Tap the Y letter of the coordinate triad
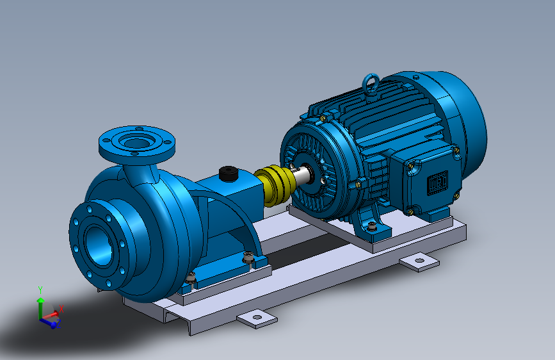coord(40,290)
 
